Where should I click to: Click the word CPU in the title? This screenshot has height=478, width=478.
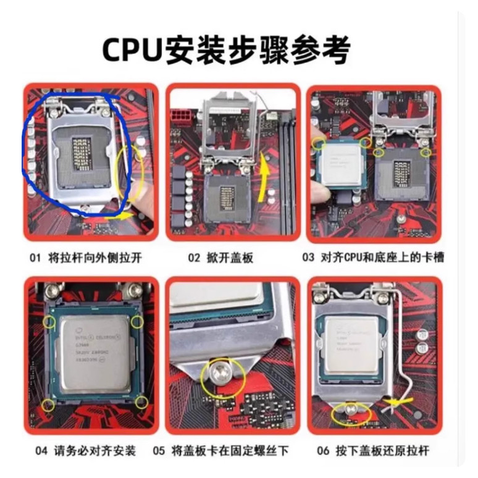(132, 48)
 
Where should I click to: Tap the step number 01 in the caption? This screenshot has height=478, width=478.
(35, 258)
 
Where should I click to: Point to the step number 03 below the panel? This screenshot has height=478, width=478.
(308, 258)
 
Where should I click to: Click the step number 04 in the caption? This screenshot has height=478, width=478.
(41, 450)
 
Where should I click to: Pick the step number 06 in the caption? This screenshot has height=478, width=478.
(324, 450)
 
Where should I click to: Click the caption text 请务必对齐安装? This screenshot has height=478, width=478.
(95, 450)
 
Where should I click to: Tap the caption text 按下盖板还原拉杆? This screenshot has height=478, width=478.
(382, 450)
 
